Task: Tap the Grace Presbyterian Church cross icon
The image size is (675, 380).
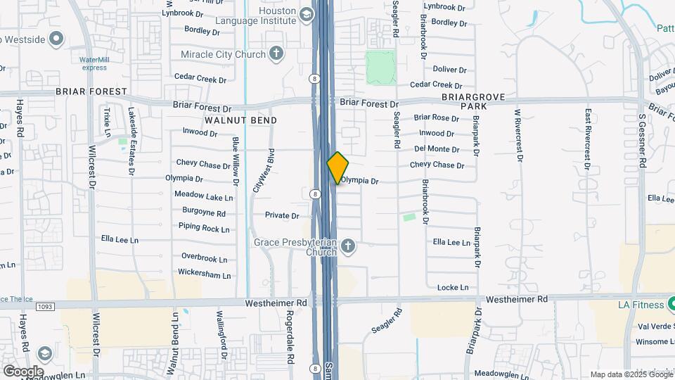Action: [x=347, y=246]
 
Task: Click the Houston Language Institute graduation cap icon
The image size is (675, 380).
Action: [x=306, y=14]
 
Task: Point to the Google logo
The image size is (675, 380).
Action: [x=23, y=371]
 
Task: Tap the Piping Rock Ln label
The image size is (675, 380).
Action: [x=204, y=228]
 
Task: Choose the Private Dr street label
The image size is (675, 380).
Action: [x=282, y=215]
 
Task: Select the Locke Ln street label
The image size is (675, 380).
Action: [x=453, y=287]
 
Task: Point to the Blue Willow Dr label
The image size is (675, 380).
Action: [x=236, y=162]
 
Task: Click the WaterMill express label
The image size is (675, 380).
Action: [x=94, y=63]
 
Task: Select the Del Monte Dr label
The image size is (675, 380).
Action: [x=437, y=149]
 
